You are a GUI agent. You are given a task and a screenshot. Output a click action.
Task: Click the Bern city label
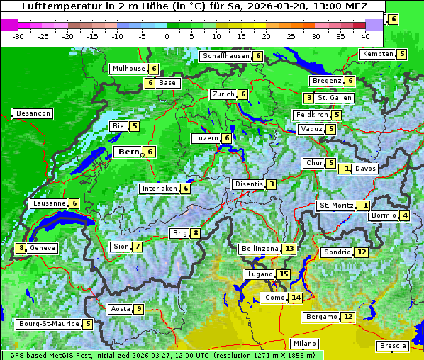(128, 152)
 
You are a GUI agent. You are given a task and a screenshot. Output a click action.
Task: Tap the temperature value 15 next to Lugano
(284, 274)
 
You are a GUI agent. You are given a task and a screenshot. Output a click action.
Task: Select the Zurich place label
(223, 94)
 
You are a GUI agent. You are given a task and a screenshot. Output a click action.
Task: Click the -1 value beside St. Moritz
(363, 206)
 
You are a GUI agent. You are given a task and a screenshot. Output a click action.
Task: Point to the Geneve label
(43, 248)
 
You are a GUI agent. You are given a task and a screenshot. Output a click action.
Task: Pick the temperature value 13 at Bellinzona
(289, 249)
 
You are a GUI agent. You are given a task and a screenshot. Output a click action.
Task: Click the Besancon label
(33, 113)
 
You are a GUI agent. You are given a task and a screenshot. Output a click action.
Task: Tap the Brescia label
(393, 346)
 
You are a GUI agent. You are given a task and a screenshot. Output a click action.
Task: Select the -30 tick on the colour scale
(18, 35)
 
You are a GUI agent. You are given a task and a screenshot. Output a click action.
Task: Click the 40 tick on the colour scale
(365, 35)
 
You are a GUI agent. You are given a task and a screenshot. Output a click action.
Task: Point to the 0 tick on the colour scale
(167, 35)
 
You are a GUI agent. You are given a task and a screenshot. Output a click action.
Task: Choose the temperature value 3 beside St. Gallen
(308, 98)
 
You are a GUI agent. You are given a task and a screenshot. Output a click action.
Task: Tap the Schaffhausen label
(225, 56)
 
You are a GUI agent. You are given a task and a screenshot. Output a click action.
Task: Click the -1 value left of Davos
(345, 169)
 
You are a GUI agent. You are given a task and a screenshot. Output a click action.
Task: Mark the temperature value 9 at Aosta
(139, 309)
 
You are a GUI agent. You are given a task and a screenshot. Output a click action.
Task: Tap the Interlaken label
(159, 189)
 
